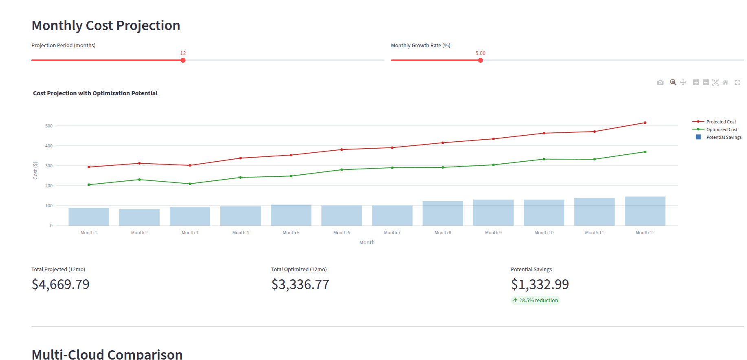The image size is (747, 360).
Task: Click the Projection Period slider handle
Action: coord(183,60)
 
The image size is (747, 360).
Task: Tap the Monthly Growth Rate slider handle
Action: coord(480,60)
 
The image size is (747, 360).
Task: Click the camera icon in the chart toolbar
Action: coord(660,83)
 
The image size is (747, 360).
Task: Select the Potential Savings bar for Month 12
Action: coord(645,211)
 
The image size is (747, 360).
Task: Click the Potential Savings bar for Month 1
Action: coord(89,217)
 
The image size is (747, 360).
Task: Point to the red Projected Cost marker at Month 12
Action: coord(645,123)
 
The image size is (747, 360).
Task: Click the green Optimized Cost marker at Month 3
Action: coord(190,184)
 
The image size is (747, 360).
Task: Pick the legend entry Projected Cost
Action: coord(721,122)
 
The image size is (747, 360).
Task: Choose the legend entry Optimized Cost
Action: coord(721,130)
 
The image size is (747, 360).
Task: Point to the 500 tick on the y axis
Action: coord(49,126)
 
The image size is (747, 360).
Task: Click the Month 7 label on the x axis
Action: coord(392,233)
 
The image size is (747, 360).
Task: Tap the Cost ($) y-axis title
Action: coord(35,171)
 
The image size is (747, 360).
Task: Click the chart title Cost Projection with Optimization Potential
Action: coord(95,93)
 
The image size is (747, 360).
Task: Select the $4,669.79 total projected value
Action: coord(61,284)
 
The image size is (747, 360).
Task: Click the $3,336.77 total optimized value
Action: coord(300,284)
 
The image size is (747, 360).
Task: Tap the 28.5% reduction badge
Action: coord(535,301)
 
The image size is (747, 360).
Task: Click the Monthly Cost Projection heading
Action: coord(106,26)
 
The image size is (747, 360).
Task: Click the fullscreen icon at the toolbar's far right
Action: coord(737,83)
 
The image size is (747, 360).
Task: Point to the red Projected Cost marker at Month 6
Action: coord(341,149)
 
